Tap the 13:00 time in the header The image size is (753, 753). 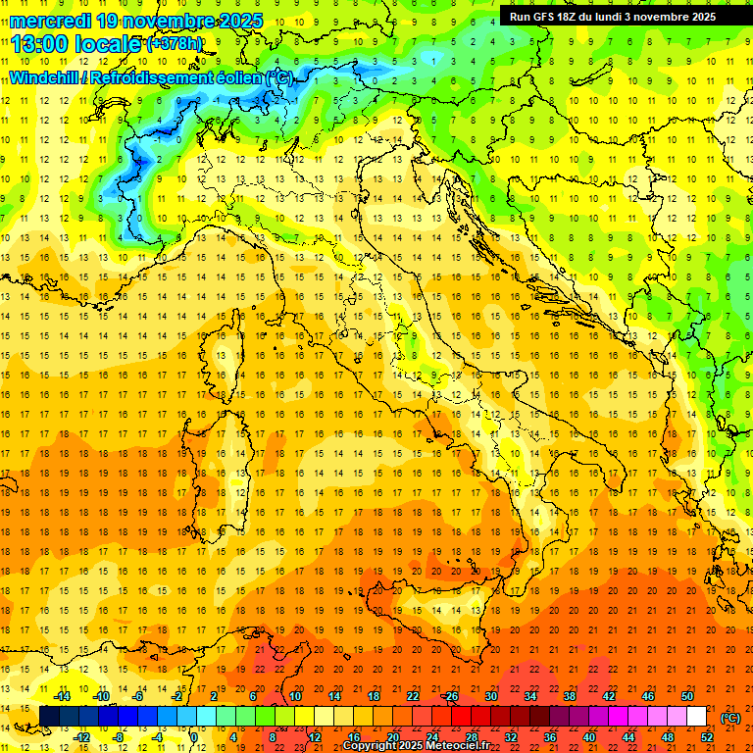pos(39,43)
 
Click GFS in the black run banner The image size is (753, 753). pos(545,17)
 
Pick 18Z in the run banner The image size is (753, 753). pos(572,17)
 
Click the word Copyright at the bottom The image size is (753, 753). pos(371,746)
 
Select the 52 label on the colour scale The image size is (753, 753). pos(707,736)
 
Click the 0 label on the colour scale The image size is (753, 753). pos(194,736)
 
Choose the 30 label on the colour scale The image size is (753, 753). pos(491,696)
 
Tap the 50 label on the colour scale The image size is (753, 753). pos(687,696)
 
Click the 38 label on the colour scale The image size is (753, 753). pos(570,696)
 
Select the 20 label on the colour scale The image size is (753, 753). pos(393,736)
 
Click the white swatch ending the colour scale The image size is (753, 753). pos(696,716)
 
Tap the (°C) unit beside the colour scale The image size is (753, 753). pos(730,717)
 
